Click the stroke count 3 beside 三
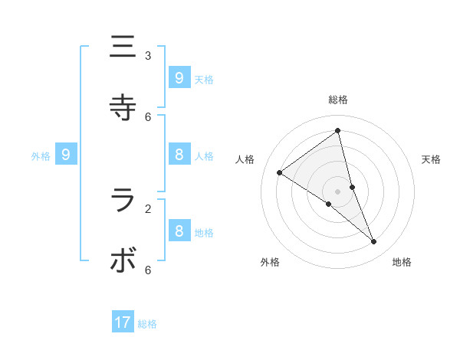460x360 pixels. coord(148,55)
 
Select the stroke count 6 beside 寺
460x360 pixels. coord(148,116)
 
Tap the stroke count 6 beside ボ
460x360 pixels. coord(148,270)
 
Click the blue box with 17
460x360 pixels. coord(123,322)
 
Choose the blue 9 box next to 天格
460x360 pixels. coord(179,77)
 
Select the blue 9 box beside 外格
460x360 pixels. coord(66,155)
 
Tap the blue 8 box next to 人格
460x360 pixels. coord(179,155)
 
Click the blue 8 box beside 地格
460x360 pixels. coord(179,231)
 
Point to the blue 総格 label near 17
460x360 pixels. coord(147,324)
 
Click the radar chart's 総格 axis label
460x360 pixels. coord(338,100)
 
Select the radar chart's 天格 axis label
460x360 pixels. coord(431,159)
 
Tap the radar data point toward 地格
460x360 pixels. coord(374,241)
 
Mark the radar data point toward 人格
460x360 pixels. coord(279,173)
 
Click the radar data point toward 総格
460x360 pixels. coord(338,131)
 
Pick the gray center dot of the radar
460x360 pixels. coord(338,191)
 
